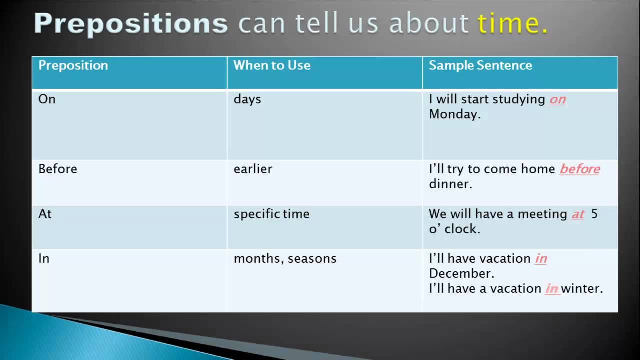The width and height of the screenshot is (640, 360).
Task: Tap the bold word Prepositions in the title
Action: click(x=131, y=25)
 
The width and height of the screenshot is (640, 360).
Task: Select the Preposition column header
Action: click(x=73, y=65)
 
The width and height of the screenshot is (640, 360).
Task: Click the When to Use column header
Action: click(x=272, y=65)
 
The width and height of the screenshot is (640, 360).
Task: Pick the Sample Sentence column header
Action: click(x=480, y=65)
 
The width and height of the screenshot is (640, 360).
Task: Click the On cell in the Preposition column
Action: click(x=47, y=99)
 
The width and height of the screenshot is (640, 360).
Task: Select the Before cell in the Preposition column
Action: click(x=58, y=169)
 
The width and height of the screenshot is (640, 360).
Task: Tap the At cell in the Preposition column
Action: click(x=45, y=214)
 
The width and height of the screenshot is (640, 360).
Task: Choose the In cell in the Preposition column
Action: click(x=44, y=259)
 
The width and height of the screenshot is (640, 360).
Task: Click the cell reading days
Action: click(x=247, y=99)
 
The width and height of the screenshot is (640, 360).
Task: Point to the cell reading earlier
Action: click(x=253, y=169)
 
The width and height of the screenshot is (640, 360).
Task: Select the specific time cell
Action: click(x=271, y=214)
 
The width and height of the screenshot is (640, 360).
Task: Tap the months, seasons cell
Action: click(x=285, y=259)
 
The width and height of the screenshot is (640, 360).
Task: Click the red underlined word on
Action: click(x=557, y=99)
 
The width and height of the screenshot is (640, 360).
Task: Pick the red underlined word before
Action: click(x=579, y=169)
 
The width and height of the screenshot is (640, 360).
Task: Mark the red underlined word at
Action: click(x=578, y=214)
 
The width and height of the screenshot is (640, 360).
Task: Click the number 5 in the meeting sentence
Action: click(x=594, y=214)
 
